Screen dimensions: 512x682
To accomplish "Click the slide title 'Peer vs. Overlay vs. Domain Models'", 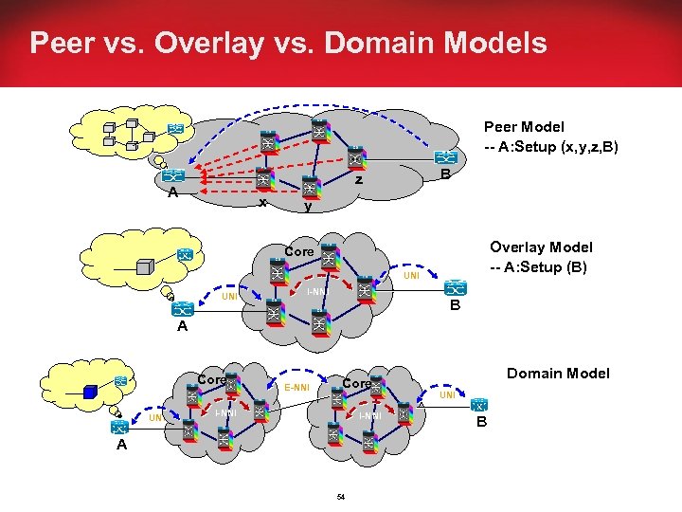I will point(288,44).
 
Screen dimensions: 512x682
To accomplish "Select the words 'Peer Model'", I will point(524,126).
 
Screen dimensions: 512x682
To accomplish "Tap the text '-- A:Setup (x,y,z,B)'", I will point(550,146).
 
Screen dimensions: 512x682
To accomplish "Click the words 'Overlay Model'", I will point(541,247).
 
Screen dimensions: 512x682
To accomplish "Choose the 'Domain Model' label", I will point(559,374).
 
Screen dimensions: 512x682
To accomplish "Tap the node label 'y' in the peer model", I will point(308,206).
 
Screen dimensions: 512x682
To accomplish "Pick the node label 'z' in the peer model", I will point(358,179).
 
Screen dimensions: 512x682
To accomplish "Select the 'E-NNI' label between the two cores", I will point(296,387).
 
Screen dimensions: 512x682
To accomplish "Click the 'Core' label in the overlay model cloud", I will point(298,252).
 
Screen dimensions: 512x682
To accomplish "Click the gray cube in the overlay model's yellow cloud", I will point(145,266).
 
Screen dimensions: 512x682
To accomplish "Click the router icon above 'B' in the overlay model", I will point(458,287).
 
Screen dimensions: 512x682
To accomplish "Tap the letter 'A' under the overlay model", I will point(183,327).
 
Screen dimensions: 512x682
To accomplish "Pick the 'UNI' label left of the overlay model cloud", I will point(228,297).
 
